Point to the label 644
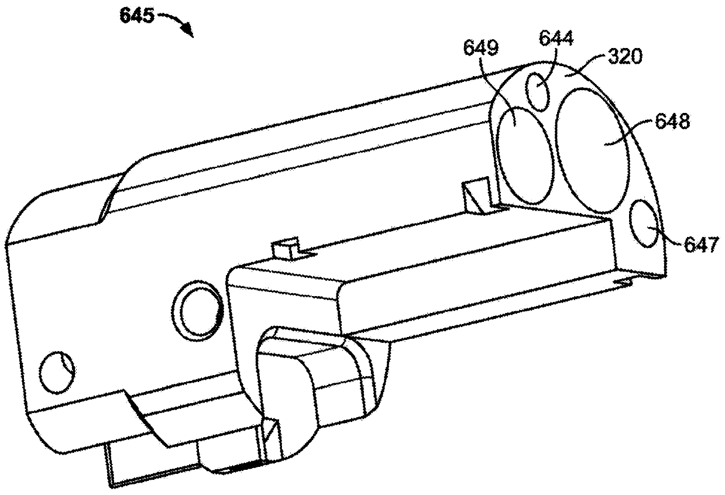point(556,39)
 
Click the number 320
point(624,56)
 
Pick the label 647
point(700,244)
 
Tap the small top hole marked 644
point(538,91)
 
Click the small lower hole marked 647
point(645,225)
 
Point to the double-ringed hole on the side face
point(199,310)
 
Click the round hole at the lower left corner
point(57,372)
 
